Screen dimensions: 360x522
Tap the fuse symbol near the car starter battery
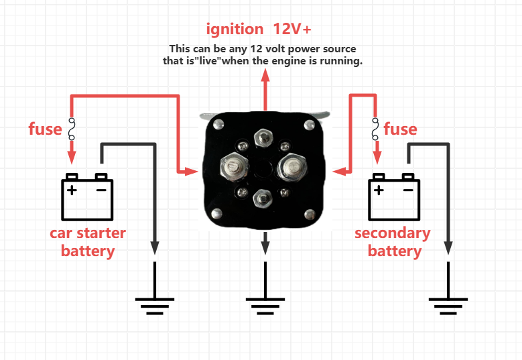click(x=72, y=129)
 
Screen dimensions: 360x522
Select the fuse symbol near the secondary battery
click(x=376, y=129)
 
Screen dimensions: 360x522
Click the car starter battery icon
click(x=87, y=198)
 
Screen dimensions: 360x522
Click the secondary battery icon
click(x=394, y=199)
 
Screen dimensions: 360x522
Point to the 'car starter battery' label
click(x=88, y=242)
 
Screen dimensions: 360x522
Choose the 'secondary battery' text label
click(x=393, y=242)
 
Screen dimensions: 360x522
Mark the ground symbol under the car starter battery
click(x=156, y=306)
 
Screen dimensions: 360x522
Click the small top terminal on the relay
click(x=263, y=139)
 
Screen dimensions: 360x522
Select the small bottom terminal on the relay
click(x=263, y=197)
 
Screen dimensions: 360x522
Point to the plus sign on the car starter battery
click(x=72, y=190)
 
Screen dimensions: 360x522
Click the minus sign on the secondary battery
click(x=408, y=190)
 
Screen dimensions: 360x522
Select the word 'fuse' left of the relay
click(x=45, y=129)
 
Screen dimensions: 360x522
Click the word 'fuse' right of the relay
click(x=400, y=129)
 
